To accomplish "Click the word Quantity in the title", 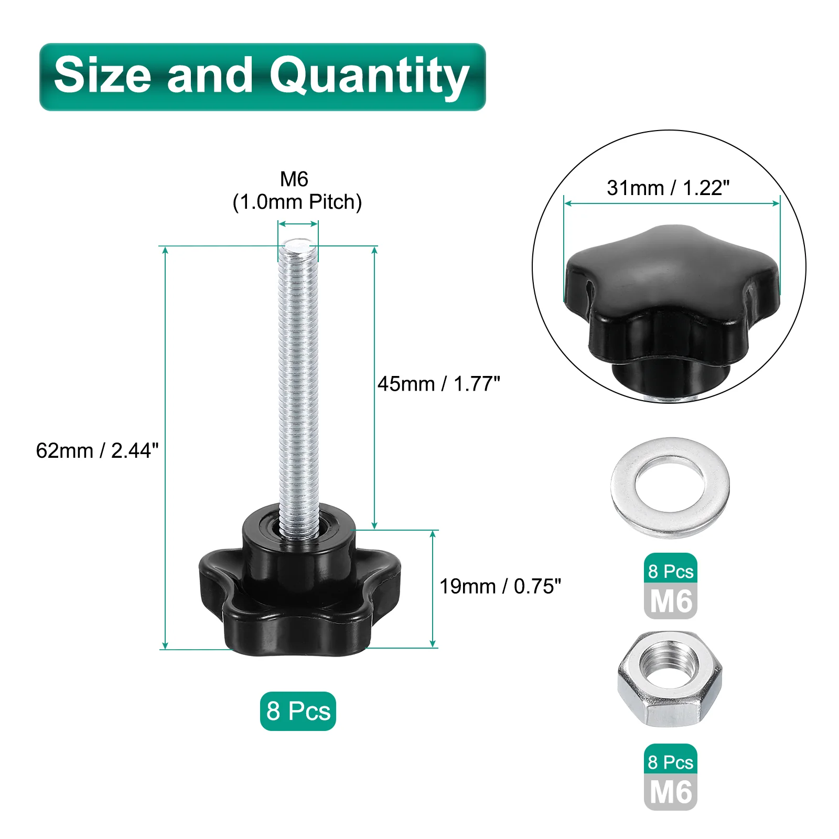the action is (x=369, y=77).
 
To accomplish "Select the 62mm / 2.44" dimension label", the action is (x=97, y=450).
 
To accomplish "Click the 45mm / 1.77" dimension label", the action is (x=439, y=384).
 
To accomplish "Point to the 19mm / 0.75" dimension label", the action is (x=500, y=586).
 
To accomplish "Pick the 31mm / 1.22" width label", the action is (x=668, y=188).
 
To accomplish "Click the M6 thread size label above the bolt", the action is (x=294, y=179).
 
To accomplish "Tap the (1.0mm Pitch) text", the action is (x=297, y=202).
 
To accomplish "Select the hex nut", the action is (x=670, y=679).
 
